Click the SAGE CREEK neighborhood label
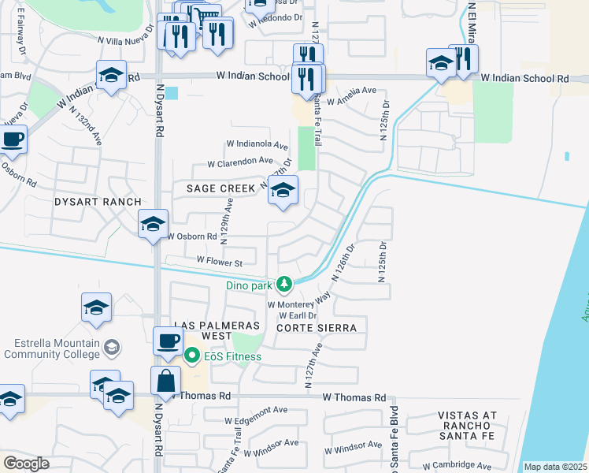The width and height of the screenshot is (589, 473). tap(220, 188)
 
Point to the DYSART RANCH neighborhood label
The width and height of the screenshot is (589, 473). tap(87, 202)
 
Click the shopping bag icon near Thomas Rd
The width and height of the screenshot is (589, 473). tap(167, 382)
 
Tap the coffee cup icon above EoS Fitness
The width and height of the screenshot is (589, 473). tap(168, 341)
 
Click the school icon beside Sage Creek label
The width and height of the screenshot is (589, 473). tap(283, 190)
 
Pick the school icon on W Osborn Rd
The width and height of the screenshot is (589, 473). tap(153, 224)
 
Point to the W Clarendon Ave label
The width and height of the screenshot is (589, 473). tap(240, 162)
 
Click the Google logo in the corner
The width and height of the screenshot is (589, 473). tap(26, 464)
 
